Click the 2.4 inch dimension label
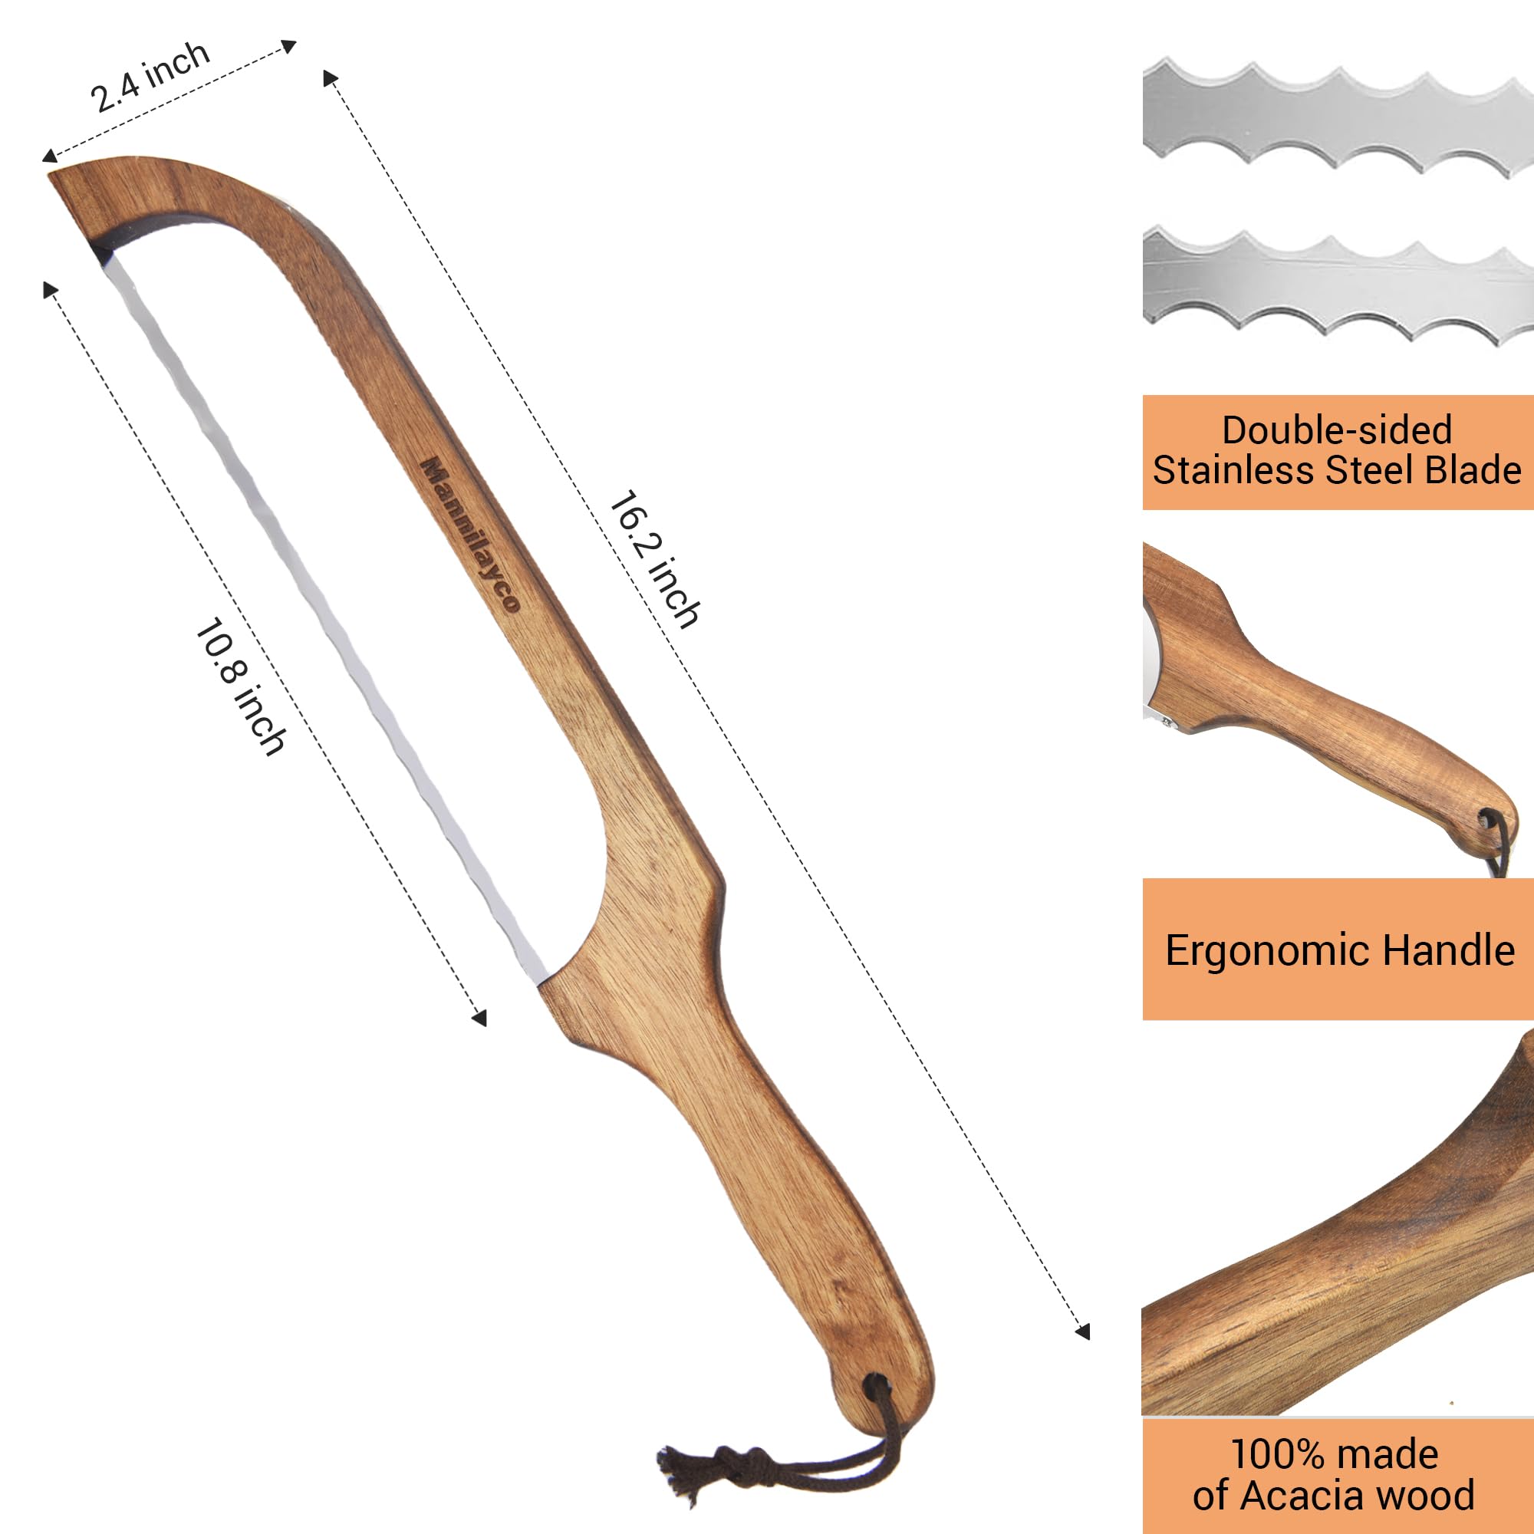click(150, 77)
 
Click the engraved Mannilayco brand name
click(470, 534)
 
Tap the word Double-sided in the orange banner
click(1336, 430)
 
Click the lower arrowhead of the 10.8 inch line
click(479, 1019)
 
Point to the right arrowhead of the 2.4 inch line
click(291, 46)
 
